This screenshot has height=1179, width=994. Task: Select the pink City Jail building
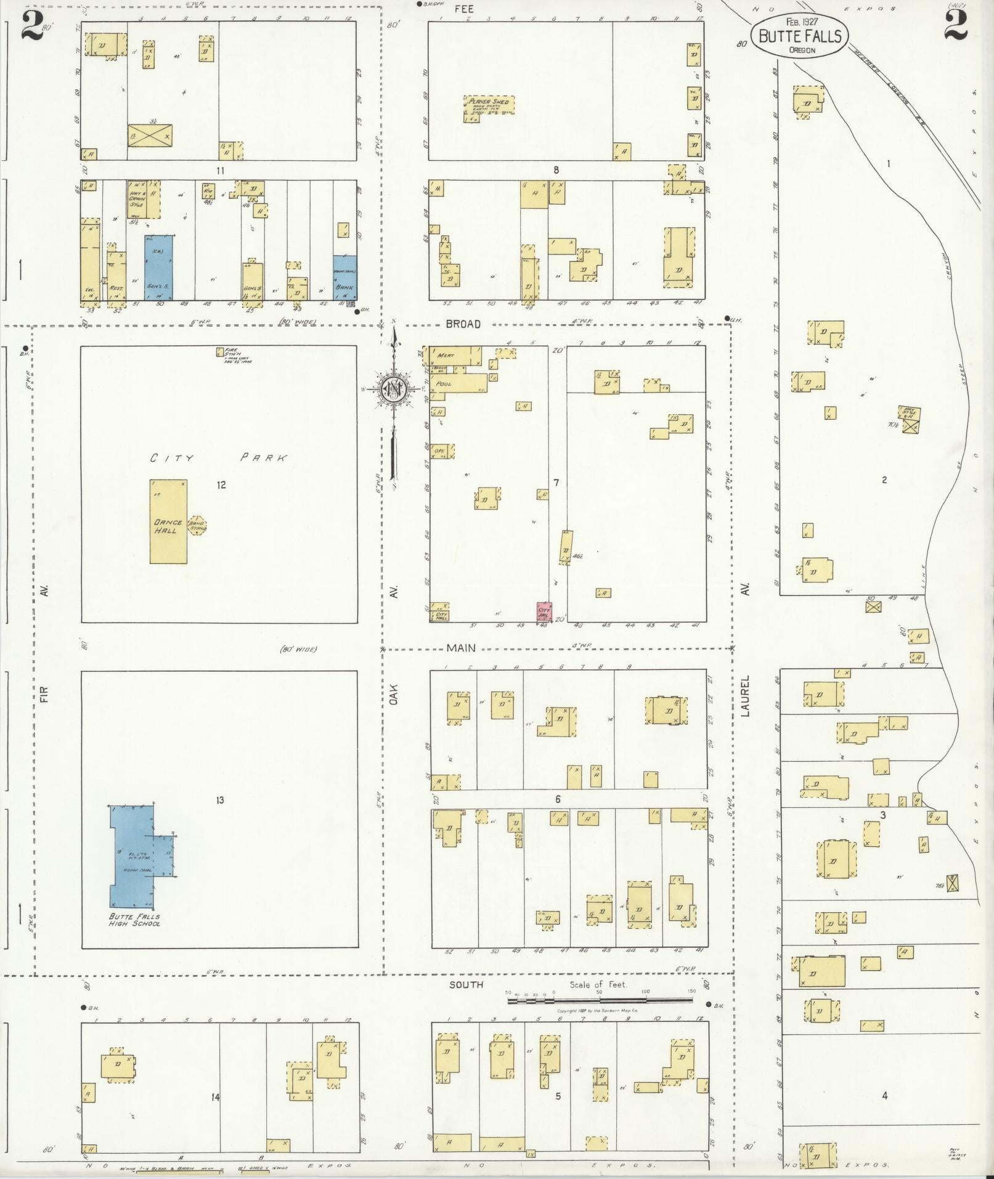point(544,612)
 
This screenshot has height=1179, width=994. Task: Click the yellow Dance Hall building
point(168,522)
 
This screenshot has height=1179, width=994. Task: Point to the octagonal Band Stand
point(197,526)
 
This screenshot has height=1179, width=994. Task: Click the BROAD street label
point(463,324)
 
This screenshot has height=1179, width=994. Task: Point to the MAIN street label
point(461,648)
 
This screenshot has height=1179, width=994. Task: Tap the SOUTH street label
point(466,985)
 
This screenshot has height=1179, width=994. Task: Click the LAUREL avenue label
point(745,696)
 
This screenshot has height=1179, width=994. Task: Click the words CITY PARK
point(219,458)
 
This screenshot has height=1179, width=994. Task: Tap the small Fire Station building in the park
point(219,352)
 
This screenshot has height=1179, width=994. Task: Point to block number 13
point(219,800)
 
